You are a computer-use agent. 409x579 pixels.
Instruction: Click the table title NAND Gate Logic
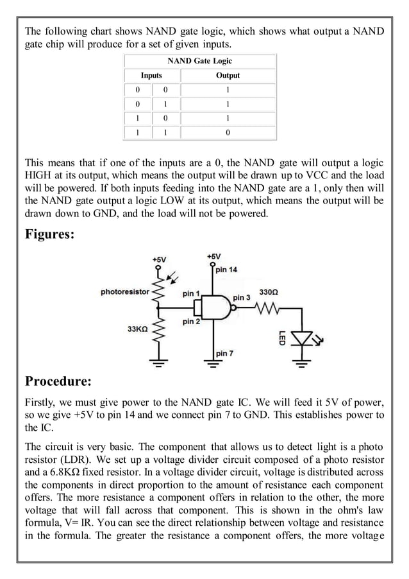pyautogui.click(x=199, y=61)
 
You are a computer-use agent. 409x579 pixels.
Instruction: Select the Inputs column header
pyautogui.click(x=151, y=75)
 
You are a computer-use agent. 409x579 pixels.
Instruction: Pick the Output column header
pyautogui.click(x=228, y=75)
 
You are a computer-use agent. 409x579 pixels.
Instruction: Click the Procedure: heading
pyautogui.click(x=58, y=381)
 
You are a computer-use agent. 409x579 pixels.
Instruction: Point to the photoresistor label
pyautogui.click(x=124, y=292)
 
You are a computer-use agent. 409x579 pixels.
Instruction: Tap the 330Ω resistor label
pyautogui.click(x=268, y=292)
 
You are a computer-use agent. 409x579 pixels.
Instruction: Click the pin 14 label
pyautogui.click(x=226, y=270)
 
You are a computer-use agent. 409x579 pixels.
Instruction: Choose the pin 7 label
pyautogui.click(x=224, y=354)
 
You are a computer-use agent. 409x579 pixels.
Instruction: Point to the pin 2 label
pyautogui.click(x=191, y=321)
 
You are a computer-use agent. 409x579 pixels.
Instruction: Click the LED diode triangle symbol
pyautogui.click(x=301, y=337)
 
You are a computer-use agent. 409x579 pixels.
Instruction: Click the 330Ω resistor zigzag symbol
pyautogui.click(x=268, y=308)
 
